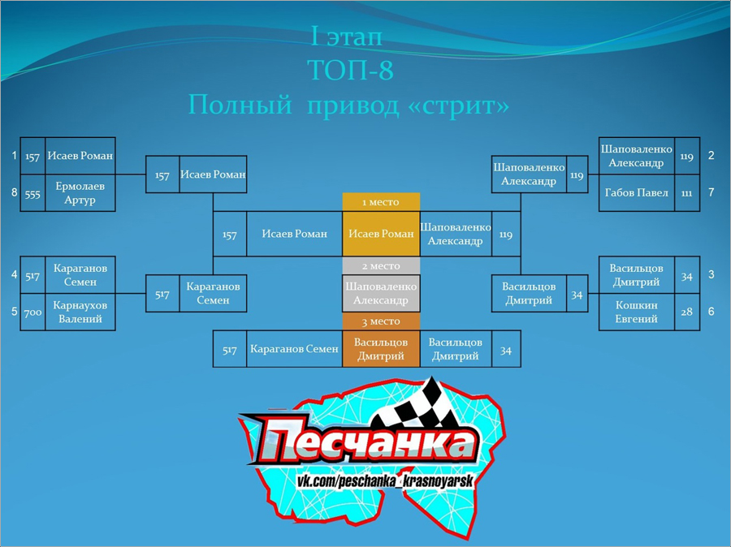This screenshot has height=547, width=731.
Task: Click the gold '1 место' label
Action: (381, 202)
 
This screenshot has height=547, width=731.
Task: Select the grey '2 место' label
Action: (381, 266)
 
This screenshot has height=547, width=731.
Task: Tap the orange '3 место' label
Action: (381, 321)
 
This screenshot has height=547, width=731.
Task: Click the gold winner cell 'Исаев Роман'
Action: (381, 234)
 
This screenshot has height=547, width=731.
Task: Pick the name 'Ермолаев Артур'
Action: (80, 193)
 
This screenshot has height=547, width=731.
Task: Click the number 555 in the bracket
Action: (32, 194)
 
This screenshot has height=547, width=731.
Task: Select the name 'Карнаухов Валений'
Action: (80, 312)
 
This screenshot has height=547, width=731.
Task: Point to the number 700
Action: (32, 312)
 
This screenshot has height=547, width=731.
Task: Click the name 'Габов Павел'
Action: (636, 193)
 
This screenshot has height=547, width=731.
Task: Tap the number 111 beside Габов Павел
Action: (686, 193)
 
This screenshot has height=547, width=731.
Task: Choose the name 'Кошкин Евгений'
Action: (636, 312)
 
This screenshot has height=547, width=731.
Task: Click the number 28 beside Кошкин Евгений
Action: (686, 312)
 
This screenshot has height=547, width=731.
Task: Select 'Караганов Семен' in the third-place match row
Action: (294, 349)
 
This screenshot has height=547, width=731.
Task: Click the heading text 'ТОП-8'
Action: (351, 70)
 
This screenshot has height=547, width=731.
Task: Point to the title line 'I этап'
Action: (346, 37)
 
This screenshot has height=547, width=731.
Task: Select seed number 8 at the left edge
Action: (15, 192)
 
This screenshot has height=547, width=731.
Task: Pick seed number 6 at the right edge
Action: (711, 312)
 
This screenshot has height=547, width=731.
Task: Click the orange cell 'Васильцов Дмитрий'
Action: (381, 349)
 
